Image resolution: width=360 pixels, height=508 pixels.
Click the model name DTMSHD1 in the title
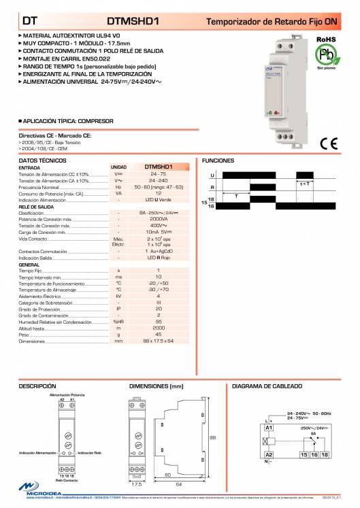[133, 22]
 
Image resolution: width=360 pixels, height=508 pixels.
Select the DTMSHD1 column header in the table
[158, 166]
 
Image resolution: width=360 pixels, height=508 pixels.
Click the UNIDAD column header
[118, 166]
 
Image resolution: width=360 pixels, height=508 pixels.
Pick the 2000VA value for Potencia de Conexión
[158, 220]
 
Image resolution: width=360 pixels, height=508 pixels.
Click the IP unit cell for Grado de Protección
[118, 309]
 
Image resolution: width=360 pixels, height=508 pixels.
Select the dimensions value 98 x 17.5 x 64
[158, 341]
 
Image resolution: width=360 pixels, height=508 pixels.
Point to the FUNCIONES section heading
[218, 160]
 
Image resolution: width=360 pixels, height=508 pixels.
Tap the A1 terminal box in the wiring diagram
[269, 426]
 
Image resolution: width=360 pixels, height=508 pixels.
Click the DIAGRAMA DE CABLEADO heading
[267, 386]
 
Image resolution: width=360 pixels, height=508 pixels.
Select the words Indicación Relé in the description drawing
[89, 452]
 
